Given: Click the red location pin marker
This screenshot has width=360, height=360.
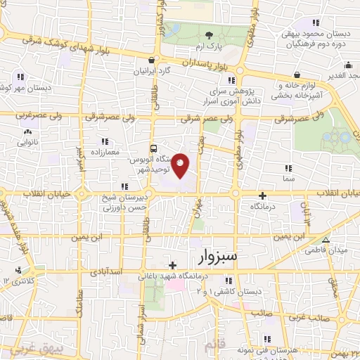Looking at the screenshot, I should click(181, 166).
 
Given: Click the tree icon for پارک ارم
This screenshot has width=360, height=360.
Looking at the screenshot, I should click(208, 34).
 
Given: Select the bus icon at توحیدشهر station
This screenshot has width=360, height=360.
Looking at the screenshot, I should click(154, 148).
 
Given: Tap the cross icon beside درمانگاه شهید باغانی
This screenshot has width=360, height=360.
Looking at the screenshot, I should click(173, 264).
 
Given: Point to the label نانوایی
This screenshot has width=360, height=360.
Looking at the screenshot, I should click(27, 141).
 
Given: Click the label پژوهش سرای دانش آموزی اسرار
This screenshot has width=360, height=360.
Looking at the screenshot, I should click(247, 96).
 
